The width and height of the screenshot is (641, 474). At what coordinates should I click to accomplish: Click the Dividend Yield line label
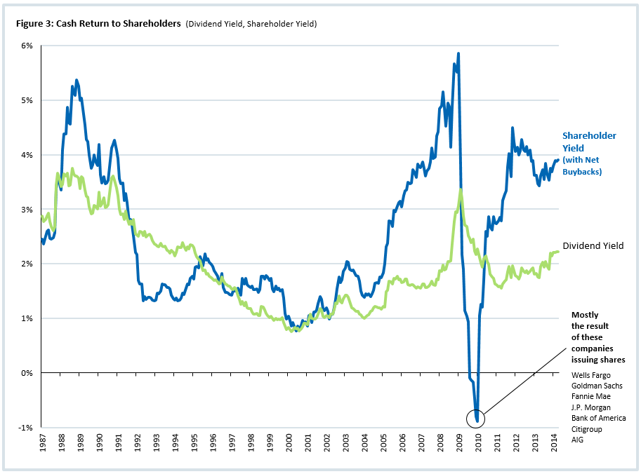pos(593,246)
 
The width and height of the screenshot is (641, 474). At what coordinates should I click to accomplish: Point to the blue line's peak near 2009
pos(458,53)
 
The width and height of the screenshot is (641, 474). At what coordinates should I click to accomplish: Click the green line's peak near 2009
pos(461,189)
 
